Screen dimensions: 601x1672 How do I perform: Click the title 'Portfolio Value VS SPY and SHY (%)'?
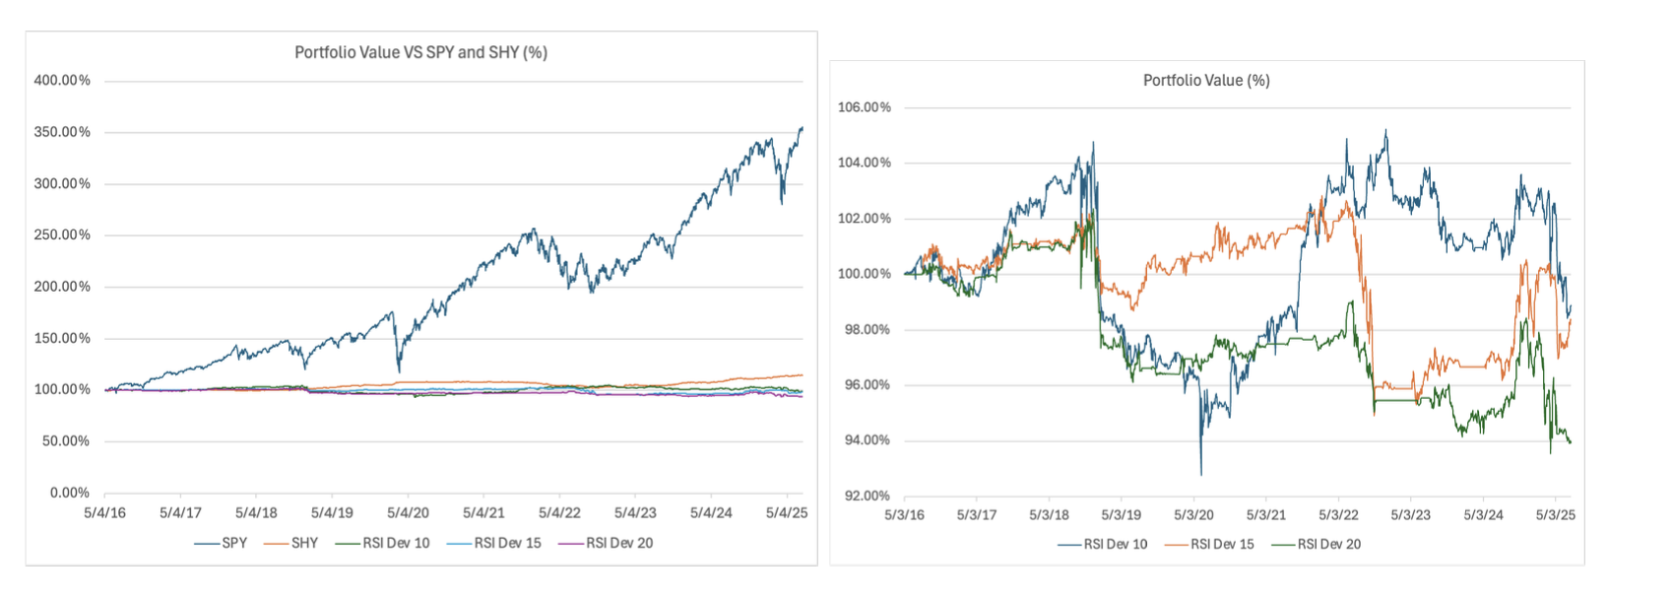point(420,52)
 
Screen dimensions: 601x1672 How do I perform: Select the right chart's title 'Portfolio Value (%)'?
point(1206,80)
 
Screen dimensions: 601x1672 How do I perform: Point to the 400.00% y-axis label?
point(62,81)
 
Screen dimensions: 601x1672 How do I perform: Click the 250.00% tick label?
point(62,235)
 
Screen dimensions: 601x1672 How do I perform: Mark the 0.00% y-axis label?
point(69,493)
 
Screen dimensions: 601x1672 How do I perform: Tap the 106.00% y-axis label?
point(864,107)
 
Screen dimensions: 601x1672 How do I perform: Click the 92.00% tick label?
point(867,496)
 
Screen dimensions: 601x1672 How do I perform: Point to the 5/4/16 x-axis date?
point(104,512)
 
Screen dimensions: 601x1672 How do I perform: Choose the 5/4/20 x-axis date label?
point(408,512)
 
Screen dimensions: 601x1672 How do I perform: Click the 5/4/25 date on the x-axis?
point(786,512)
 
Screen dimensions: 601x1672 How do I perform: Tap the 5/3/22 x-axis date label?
point(1338,514)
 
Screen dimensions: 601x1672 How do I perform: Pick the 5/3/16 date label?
point(904,514)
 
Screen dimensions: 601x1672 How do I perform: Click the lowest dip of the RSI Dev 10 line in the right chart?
point(1201,475)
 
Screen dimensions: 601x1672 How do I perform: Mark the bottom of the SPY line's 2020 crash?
point(399,371)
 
